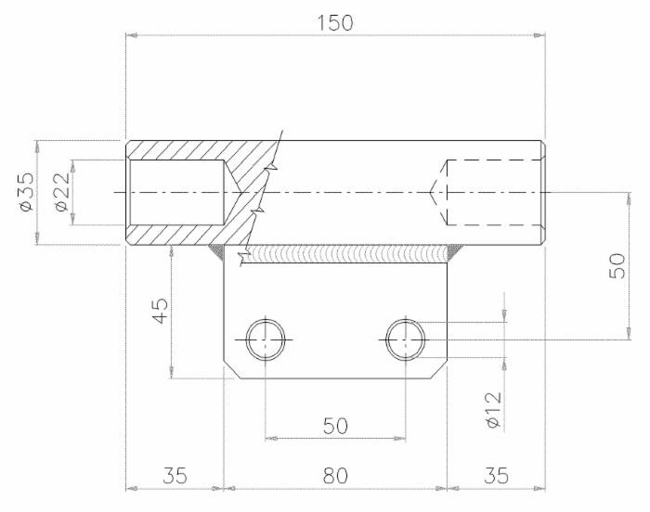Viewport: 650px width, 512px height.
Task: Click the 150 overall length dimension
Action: tap(335, 22)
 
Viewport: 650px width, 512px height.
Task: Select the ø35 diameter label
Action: tap(26, 192)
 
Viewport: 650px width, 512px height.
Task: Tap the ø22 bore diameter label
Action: tap(59, 192)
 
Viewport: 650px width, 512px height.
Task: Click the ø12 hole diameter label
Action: tap(493, 408)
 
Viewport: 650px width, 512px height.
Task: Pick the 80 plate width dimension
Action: tap(335, 475)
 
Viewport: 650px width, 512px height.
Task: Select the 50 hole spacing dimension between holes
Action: tap(335, 426)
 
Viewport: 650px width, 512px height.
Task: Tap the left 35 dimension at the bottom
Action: tap(175, 475)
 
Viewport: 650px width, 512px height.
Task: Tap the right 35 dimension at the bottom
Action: tap(496, 475)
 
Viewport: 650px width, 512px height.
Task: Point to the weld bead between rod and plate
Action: tap(344, 253)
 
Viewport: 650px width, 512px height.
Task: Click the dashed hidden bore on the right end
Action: tap(492, 192)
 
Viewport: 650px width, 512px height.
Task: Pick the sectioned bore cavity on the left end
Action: tap(176, 192)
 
